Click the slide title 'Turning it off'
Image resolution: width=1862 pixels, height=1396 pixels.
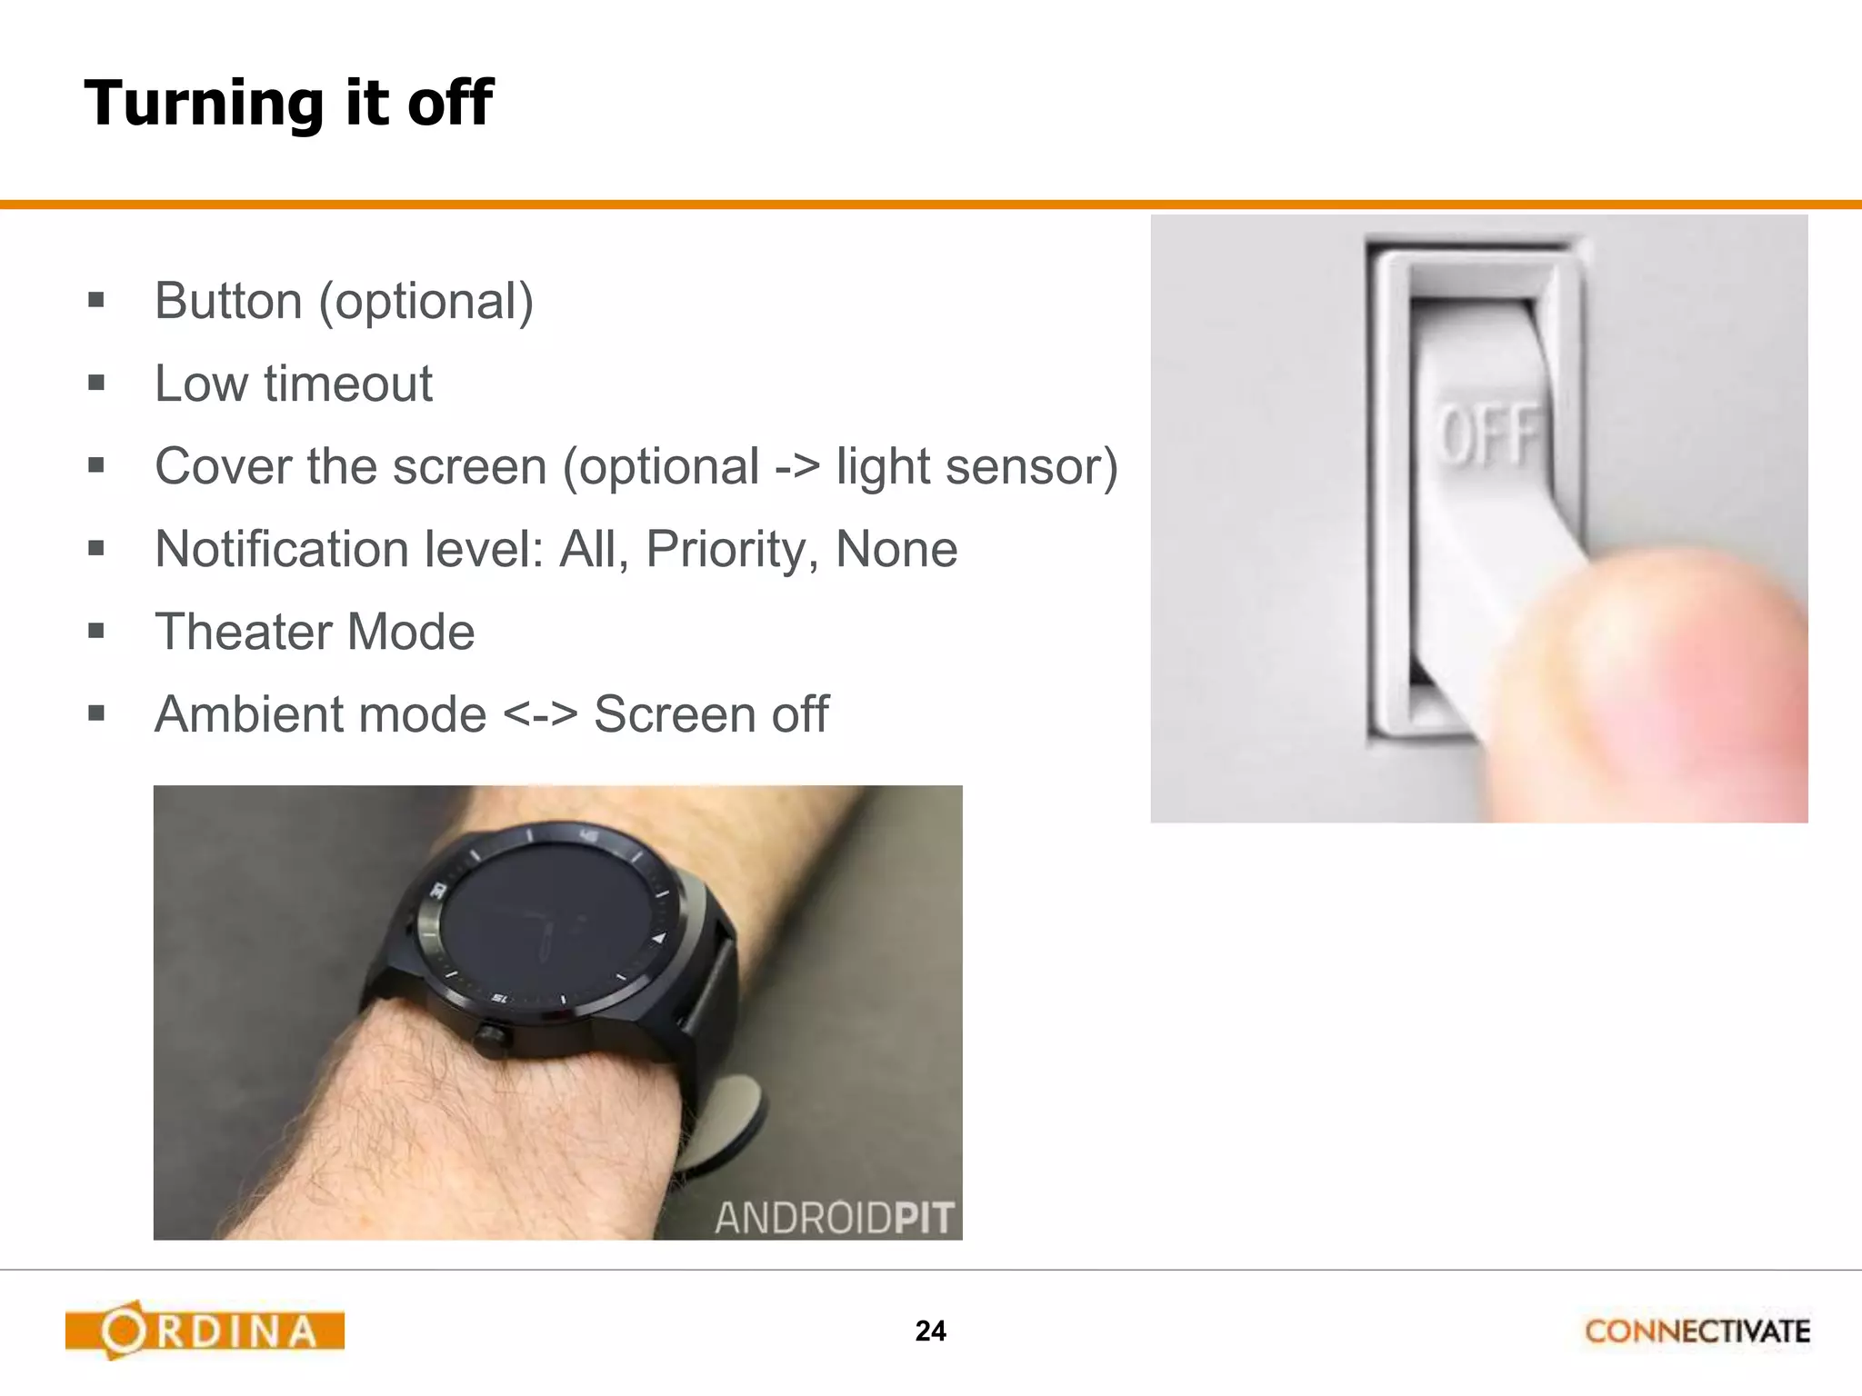click(x=288, y=102)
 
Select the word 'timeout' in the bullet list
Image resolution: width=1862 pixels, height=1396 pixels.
click(x=348, y=384)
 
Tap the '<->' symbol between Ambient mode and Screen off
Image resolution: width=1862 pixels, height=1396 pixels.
click(x=540, y=714)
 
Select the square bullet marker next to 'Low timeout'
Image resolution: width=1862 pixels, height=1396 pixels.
click(x=96, y=384)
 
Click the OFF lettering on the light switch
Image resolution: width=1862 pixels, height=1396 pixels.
click(x=1488, y=434)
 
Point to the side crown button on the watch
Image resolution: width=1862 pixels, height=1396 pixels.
click(x=492, y=1037)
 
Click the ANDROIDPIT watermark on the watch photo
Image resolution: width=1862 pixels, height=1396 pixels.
click(x=834, y=1218)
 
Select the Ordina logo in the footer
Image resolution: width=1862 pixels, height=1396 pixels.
click(x=205, y=1331)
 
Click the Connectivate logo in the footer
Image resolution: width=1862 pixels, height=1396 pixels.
click(x=1697, y=1331)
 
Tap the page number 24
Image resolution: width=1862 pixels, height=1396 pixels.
click(x=930, y=1331)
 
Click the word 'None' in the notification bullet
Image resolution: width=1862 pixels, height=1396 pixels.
click(x=896, y=549)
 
